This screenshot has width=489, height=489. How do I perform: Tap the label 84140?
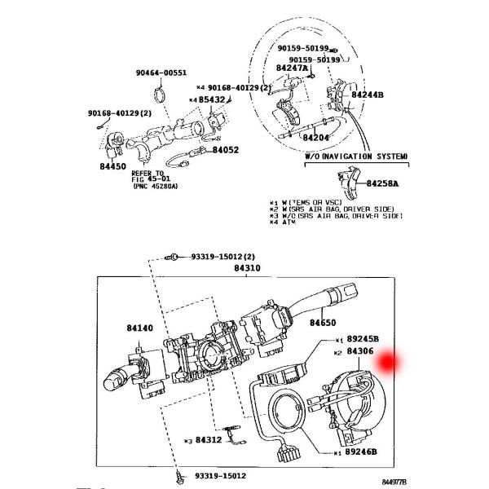139,328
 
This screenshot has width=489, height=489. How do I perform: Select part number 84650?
324,323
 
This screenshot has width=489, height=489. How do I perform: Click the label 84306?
359,351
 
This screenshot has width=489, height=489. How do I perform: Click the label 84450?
113,166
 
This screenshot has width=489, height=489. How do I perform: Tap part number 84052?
226,150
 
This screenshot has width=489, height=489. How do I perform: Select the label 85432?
213,99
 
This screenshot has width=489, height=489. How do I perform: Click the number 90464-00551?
161,73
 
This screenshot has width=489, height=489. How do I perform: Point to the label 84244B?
368,95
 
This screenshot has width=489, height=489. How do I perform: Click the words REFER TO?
148,174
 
